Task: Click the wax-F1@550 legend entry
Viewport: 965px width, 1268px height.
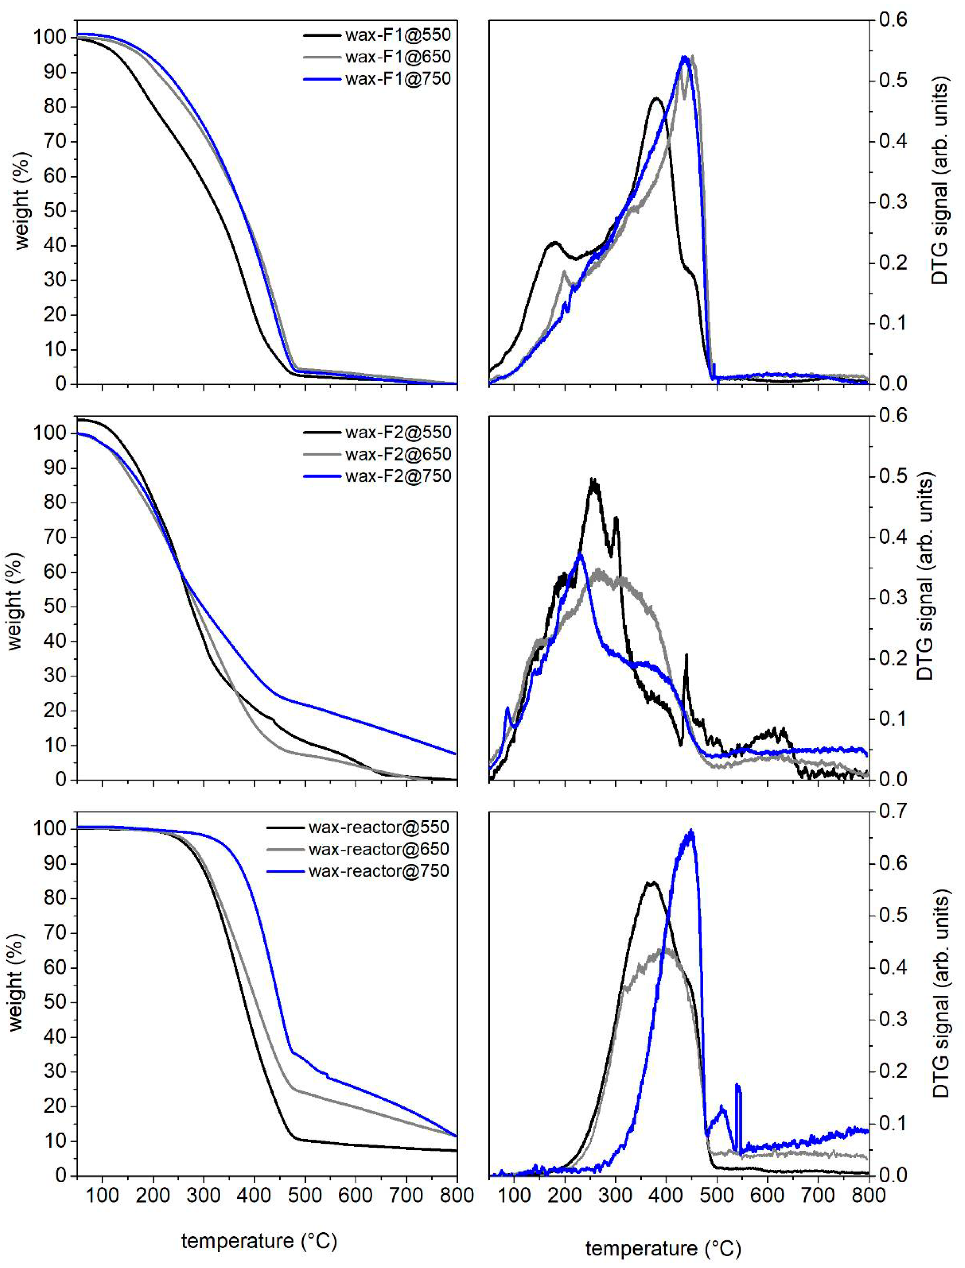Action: pos(398,35)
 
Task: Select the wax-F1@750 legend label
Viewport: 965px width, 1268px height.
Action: pos(398,78)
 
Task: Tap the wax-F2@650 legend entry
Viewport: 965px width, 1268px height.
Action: pos(398,454)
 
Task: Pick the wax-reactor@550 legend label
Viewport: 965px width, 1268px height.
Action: pos(378,827)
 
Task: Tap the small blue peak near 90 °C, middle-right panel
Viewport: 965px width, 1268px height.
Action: pos(507,708)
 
